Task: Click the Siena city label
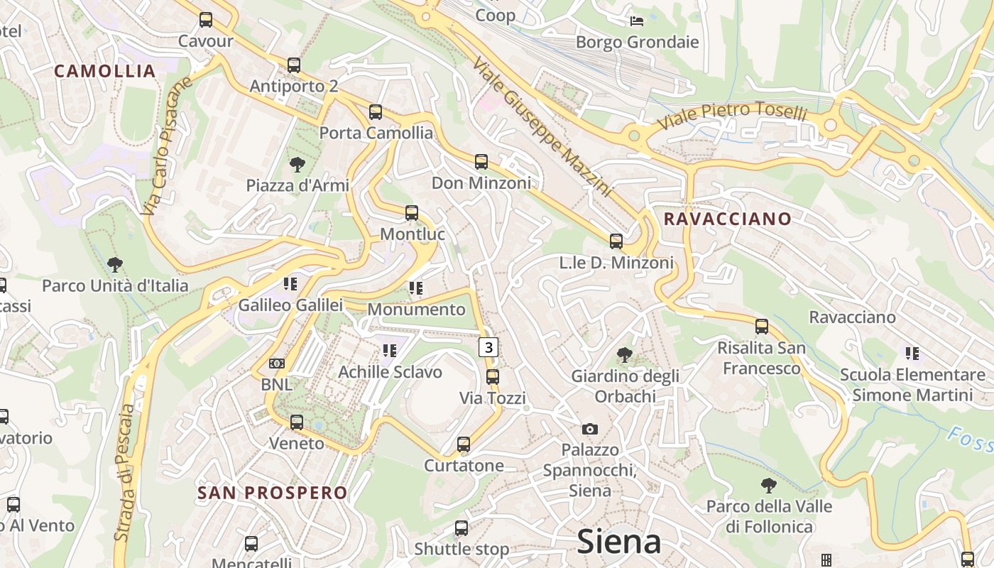pos(619,541)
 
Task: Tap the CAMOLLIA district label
pos(104,71)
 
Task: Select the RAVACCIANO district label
pos(727,219)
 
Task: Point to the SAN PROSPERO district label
pos(273,493)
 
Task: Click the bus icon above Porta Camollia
pos(376,112)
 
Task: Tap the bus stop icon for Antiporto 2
pos(294,65)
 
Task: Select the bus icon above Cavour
pos(206,20)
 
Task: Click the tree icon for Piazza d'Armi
pos(297,165)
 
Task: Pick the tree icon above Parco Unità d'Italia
pos(115,266)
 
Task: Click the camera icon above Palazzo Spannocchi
pos(589,429)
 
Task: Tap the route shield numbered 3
pos(488,347)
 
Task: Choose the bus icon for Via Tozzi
pos(493,377)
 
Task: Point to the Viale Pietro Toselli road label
pos(732,116)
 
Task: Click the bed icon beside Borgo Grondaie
pos(637,21)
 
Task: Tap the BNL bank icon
pos(277,364)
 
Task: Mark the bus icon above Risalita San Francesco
pos(762,327)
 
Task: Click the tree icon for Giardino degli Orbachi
pos(625,354)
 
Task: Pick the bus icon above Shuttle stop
pos(461,528)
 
